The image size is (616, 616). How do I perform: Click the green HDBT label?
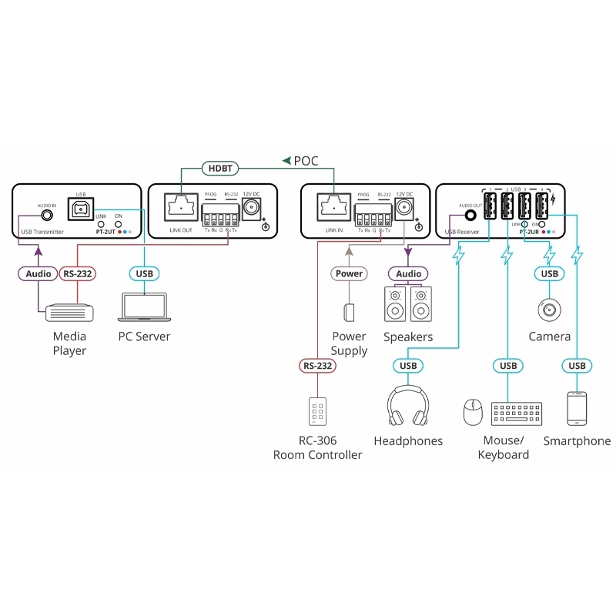point(220,167)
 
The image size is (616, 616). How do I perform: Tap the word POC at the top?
point(306,161)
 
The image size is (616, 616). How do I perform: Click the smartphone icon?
point(577,408)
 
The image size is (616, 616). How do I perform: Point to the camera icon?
point(549,310)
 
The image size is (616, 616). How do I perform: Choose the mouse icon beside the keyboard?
point(473,413)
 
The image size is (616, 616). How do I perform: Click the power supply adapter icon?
point(349,312)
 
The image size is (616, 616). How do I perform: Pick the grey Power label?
point(349,273)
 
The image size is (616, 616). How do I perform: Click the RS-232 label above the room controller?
point(317,366)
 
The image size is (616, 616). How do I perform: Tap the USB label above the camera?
point(549,273)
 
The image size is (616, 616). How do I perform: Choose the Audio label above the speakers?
point(408,273)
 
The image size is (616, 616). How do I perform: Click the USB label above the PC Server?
point(144,273)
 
